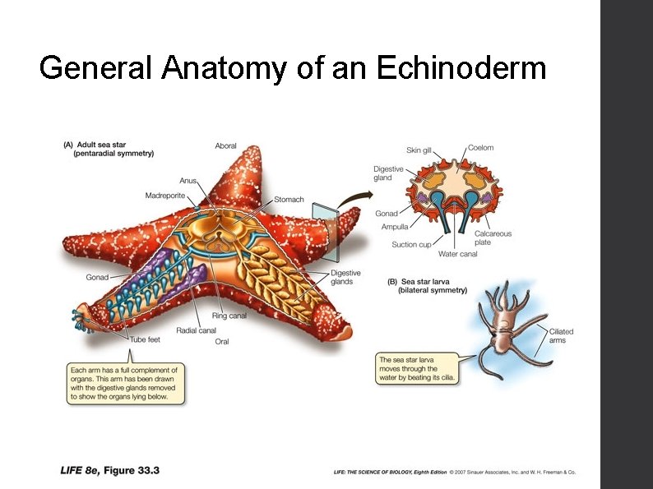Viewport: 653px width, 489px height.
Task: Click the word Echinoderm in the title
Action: (461, 67)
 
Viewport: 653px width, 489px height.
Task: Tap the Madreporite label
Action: (165, 196)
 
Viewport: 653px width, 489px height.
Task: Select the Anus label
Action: (188, 181)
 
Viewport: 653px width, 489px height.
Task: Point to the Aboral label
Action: (226, 146)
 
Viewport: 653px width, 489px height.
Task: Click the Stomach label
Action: (289, 200)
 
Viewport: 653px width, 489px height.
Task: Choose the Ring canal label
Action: (229, 316)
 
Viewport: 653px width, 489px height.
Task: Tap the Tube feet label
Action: (145, 339)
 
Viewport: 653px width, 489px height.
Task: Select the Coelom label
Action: (481, 148)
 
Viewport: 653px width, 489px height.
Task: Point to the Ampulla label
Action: (395, 227)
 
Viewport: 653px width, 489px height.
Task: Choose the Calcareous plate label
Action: (493, 238)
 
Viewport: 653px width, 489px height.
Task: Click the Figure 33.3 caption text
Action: (110, 471)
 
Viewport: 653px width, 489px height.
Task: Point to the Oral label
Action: (222, 341)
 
